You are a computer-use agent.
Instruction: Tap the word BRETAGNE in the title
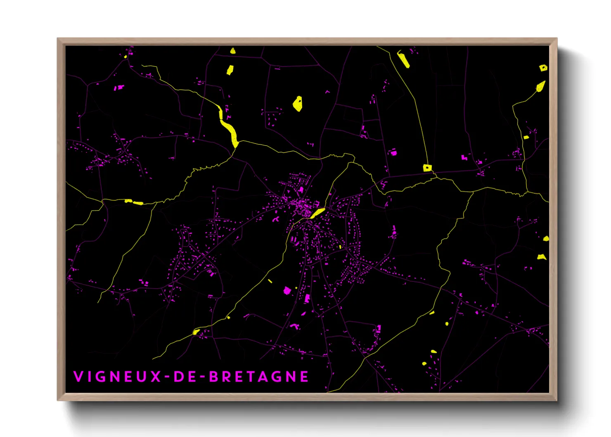click(259, 377)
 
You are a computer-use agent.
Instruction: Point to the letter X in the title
click(156, 377)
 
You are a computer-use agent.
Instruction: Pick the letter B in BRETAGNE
click(214, 377)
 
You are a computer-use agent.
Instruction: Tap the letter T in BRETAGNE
click(253, 377)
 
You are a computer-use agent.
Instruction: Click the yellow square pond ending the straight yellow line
click(427, 168)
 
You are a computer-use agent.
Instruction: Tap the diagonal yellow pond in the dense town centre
click(317, 213)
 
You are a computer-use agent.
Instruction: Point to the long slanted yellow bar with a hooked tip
click(403, 59)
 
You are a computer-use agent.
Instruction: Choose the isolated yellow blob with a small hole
click(297, 104)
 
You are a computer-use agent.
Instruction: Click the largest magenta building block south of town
click(287, 291)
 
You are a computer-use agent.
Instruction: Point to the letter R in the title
click(227, 377)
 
